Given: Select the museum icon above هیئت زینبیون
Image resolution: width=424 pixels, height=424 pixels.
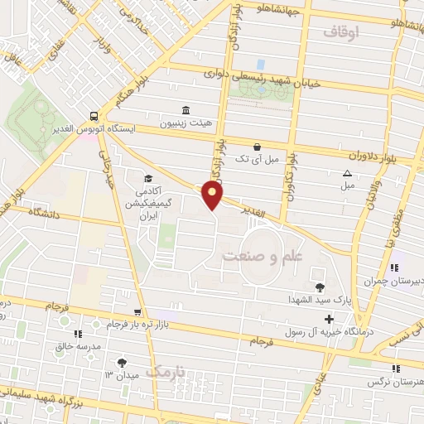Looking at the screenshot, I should coord(184,110).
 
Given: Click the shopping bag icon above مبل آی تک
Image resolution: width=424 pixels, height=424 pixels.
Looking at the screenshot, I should coord(257,147).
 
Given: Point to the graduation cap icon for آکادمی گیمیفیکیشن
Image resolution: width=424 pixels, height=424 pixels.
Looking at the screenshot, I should coord(147,178).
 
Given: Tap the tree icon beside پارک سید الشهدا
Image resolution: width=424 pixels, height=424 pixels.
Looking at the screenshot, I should coord(320,287).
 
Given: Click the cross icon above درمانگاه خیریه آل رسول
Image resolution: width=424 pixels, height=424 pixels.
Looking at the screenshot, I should coord(330,319).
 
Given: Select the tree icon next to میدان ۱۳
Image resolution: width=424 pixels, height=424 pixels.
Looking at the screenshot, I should coord(122,362).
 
